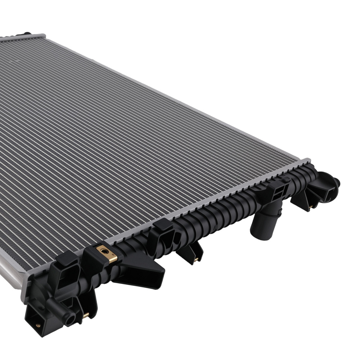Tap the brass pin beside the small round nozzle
tap(86, 315)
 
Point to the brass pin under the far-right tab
tap(311, 207)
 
